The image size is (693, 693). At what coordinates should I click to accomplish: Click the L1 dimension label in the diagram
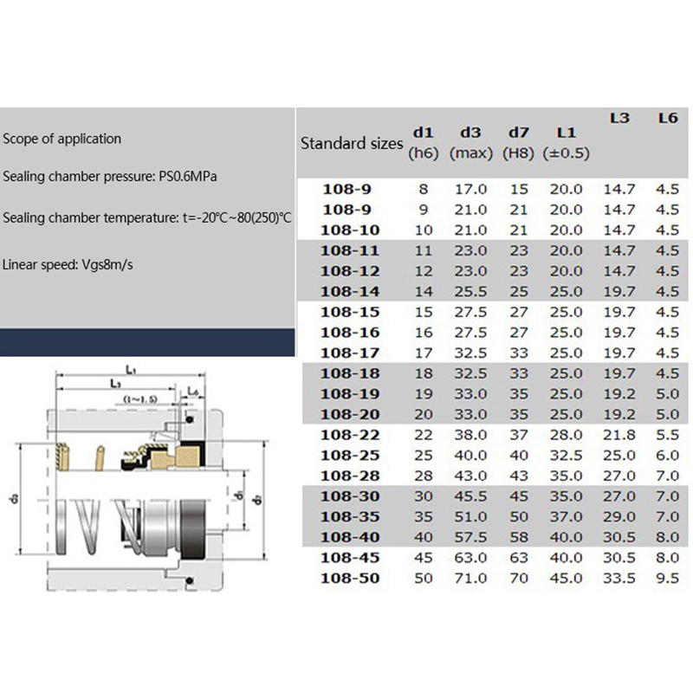[130, 369]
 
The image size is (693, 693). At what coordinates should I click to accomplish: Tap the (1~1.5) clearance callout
[140, 400]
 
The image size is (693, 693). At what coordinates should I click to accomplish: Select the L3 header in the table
[619, 118]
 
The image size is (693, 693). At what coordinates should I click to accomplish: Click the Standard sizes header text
[352, 143]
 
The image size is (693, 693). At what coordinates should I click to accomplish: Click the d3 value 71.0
[471, 577]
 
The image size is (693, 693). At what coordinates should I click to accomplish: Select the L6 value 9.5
[666, 577]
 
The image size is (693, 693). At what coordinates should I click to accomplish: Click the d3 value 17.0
[471, 188]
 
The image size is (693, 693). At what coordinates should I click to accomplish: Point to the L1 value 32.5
[566, 456]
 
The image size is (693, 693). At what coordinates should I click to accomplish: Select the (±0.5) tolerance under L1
[566, 153]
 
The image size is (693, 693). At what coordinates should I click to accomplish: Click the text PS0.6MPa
[186, 177]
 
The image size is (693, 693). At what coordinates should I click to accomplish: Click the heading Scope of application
[62, 139]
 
